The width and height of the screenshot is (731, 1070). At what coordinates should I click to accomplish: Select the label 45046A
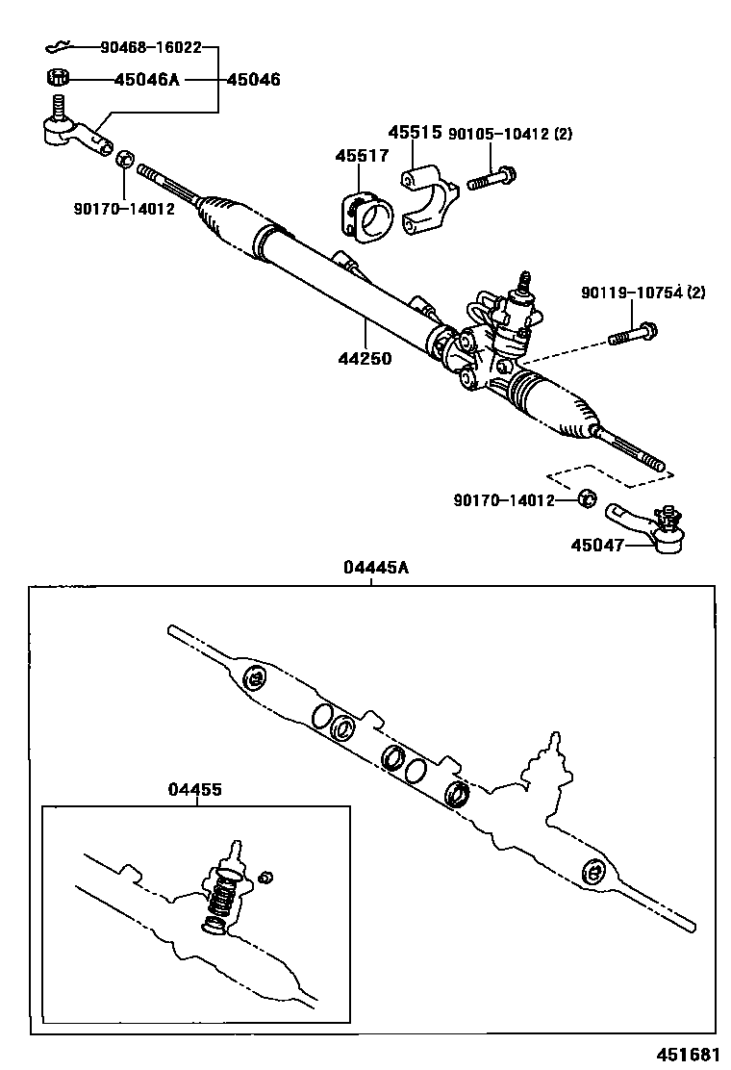(x=146, y=80)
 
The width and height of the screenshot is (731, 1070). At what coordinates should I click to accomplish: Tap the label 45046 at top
(x=253, y=80)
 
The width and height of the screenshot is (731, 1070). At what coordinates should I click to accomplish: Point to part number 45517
(x=362, y=155)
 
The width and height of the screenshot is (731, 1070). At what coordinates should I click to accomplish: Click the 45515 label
(x=415, y=133)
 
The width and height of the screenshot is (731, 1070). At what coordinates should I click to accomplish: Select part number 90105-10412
(x=499, y=135)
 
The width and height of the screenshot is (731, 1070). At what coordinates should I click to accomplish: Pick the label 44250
(x=365, y=359)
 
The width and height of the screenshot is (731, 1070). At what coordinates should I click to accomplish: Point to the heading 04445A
(x=375, y=568)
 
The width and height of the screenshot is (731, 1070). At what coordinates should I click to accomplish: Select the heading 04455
(x=195, y=789)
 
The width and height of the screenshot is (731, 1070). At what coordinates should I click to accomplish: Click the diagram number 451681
(x=689, y=1052)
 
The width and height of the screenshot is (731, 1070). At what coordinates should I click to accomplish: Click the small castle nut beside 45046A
(x=57, y=78)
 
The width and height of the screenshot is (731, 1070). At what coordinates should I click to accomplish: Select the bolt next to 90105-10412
(x=493, y=179)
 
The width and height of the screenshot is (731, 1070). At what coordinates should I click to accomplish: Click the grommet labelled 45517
(x=364, y=216)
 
